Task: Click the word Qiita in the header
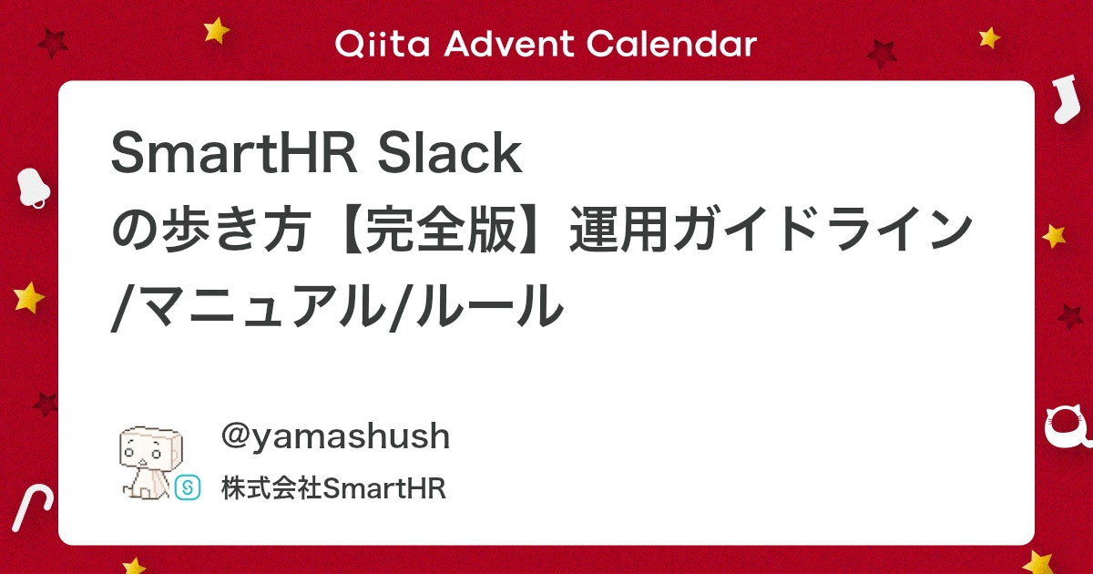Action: pyautogui.click(x=383, y=44)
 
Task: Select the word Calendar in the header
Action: pyautogui.click(x=671, y=44)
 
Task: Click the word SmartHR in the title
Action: pyautogui.click(x=235, y=153)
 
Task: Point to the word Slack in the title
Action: pyautogui.click(x=450, y=153)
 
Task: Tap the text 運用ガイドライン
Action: pyautogui.click(x=771, y=229)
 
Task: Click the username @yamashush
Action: pyautogui.click(x=335, y=436)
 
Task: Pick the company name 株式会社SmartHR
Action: pyautogui.click(x=333, y=488)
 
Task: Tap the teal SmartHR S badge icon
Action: pyautogui.click(x=188, y=487)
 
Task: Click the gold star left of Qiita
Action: pyautogui.click(x=216, y=30)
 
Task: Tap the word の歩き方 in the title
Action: pyautogui.click(x=211, y=229)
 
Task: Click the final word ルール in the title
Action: pyautogui.click(x=490, y=306)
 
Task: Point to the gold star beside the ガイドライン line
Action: pyautogui.click(x=1054, y=236)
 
